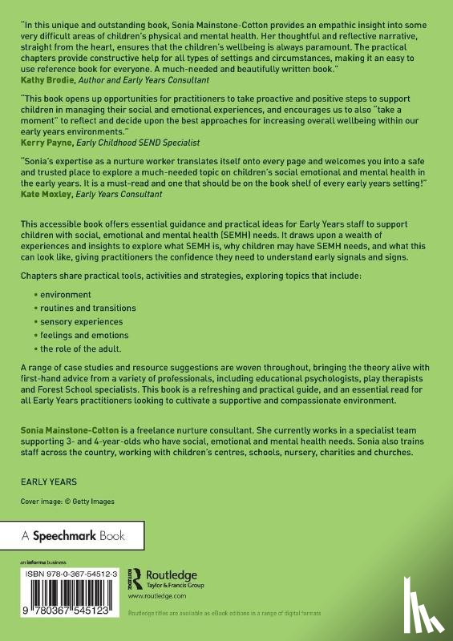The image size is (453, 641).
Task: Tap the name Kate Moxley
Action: pos(45,194)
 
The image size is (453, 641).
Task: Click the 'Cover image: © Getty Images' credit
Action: pos(68,502)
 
